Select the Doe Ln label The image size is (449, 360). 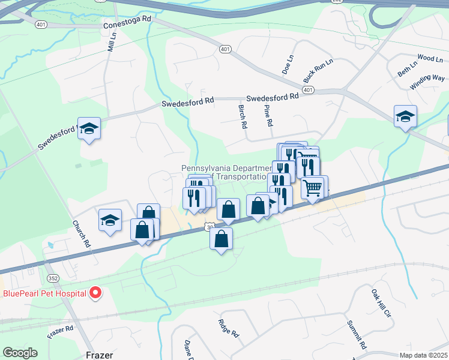click(288, 65)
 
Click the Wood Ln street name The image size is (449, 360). click(429, 59)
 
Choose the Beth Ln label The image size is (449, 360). click(406, 69)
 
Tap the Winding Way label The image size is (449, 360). click(427, 82)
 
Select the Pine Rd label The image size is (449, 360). click(270, 115)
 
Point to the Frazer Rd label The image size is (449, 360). click(61, 329)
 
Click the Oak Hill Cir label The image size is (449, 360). click(381, 303)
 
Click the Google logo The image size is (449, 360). click(20, 353)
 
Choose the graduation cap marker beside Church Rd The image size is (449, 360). click(110, 220)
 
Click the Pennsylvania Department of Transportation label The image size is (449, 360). click(224, 172)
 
